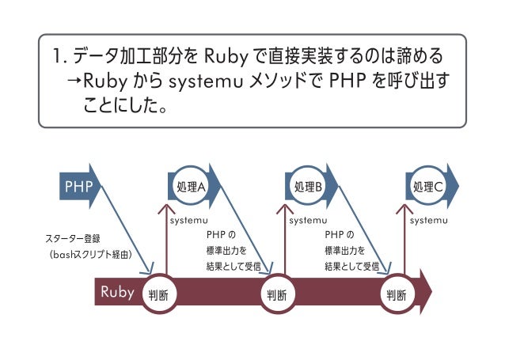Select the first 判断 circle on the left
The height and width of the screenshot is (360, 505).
158,295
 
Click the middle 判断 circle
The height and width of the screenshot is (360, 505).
276,295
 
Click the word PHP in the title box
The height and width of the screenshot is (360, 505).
351,81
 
